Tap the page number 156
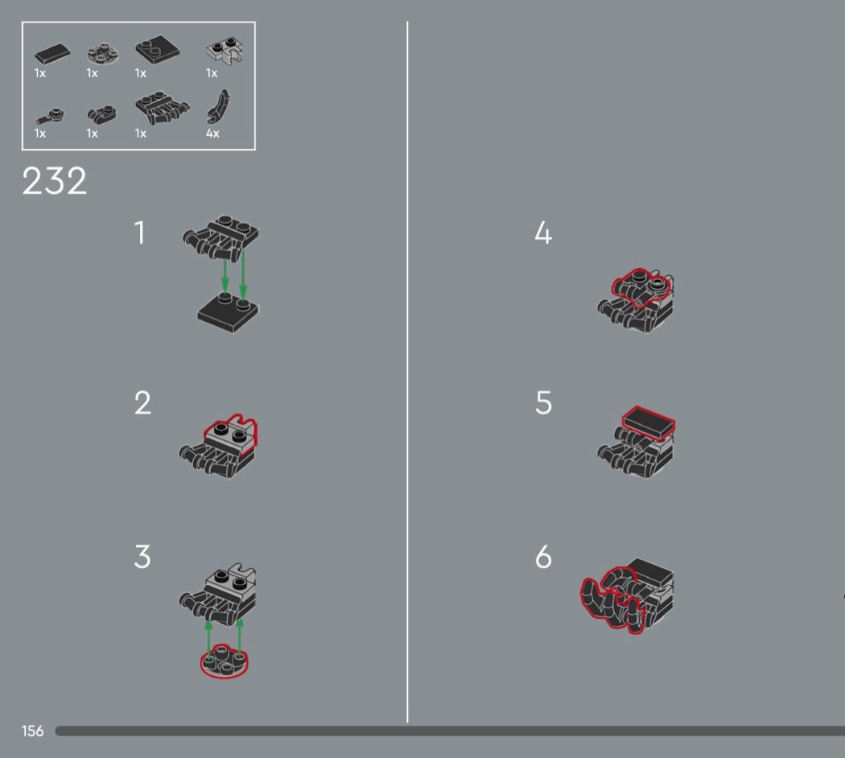(x=32, y=731)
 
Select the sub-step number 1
(x=140, y=233)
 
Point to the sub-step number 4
(x=543, y=233)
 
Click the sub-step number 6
(x=543, y=557)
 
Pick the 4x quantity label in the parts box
(x=212, y=133)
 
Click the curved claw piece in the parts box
(x=218, y=107)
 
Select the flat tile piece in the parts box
(x=52, y=54)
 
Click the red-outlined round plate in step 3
(x=225, y=661)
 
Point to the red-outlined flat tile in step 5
(x=649, y=423)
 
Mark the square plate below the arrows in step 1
(x=228, y=313)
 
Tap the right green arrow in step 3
(x=240, y=638)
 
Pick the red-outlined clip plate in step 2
(x=231, y=435)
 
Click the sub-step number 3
(x=142, y=557)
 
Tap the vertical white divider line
(x=407, y=372)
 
